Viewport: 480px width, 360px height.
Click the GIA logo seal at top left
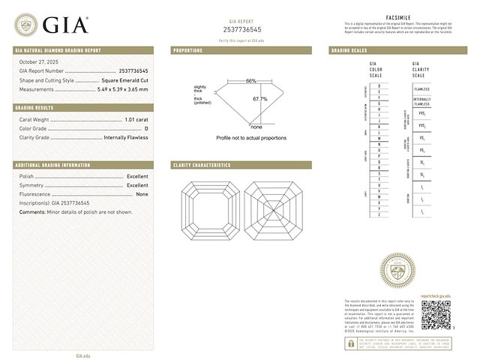[x=25, y=25]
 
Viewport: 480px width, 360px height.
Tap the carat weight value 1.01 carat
[x=136, y=119]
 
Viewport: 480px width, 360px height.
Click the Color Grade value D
[x=146, y=128]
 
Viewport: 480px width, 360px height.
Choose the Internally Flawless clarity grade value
[x=125, y=137]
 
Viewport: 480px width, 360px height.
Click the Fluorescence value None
[x=142, y=193]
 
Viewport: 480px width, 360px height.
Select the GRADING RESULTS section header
[x=34, y=108]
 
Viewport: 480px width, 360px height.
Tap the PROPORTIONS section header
[x=187, y=50]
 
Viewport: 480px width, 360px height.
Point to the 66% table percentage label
[x=250, y=81]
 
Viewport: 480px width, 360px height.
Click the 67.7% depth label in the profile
[x=259, y=99]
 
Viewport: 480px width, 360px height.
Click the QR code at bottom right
[x=435, y=315]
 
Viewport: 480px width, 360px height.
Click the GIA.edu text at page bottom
[x=82, y=355]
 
